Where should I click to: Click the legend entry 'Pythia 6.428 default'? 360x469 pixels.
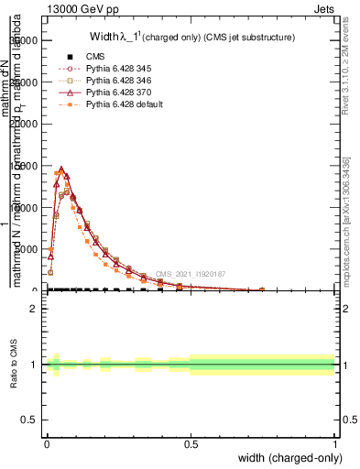coord(130,104)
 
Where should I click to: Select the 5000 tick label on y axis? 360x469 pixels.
coord(26,249)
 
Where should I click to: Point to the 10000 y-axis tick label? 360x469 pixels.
coord(23,207)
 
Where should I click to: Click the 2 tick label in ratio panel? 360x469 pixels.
coord(35,309)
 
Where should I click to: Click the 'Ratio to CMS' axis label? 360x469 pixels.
coord(14,365)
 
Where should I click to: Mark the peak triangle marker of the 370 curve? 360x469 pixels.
coord(60,169)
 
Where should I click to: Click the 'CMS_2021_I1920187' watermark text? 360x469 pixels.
coord(190,274)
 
